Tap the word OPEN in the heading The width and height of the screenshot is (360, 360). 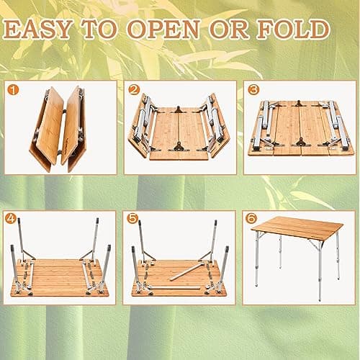[x=187, y=30]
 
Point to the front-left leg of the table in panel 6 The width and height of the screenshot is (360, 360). [x=257, y=266]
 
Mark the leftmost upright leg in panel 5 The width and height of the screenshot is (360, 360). [x=133, y=266]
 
